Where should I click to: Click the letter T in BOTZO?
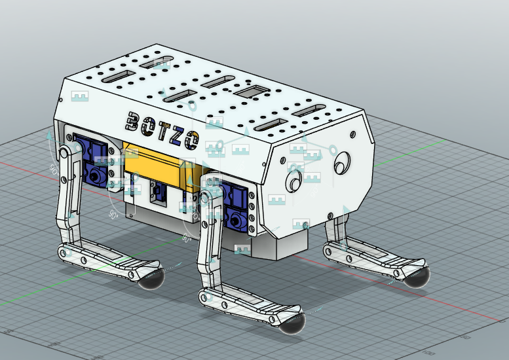coord(161,128)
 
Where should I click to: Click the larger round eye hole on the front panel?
coord(342,161)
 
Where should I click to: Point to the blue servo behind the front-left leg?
coord(236,204)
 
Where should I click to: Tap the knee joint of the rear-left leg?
coord(66,251)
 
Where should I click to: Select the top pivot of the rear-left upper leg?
coord(64,153)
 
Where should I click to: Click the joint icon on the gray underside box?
coord(242,249)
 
